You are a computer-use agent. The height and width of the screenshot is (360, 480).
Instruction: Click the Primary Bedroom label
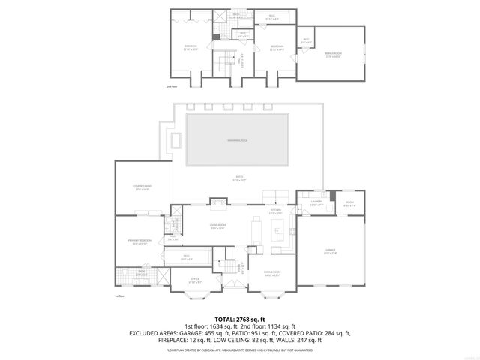tap(139, 241)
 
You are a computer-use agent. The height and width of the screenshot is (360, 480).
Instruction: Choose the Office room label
tap(194, 280)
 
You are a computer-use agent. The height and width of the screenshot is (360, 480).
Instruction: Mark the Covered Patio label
tap(141, 188)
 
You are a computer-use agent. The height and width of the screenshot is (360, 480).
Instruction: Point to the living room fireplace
tap(217, 201)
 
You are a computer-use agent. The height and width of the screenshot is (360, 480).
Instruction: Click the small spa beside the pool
tap(177, 140)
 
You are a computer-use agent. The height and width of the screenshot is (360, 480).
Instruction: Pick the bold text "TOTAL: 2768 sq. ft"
tap(240, 319)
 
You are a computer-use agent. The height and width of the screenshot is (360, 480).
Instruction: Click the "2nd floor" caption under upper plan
tap(172, 87)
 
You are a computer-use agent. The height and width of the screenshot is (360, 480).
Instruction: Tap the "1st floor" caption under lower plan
tap(119, 295)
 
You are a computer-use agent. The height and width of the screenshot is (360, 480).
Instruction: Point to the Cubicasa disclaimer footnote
tap(240, 349)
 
